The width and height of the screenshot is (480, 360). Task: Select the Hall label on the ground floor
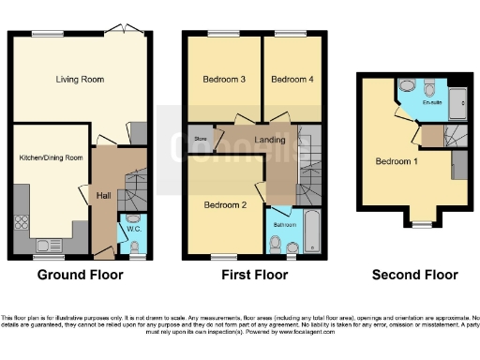click(x=103, y=195)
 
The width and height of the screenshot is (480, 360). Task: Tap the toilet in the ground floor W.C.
click(x=135, y=247)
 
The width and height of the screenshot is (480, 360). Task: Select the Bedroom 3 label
click(x=224, y=81)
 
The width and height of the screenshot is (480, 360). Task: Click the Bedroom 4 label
click(x=291, y=81)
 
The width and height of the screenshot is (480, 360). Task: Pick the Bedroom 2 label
click(x=224, y=204)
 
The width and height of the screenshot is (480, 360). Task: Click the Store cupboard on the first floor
click(x=200, y=140)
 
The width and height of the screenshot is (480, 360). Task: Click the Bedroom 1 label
click(x=396, y=161)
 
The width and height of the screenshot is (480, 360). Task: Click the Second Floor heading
click(x=414, y=276)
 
